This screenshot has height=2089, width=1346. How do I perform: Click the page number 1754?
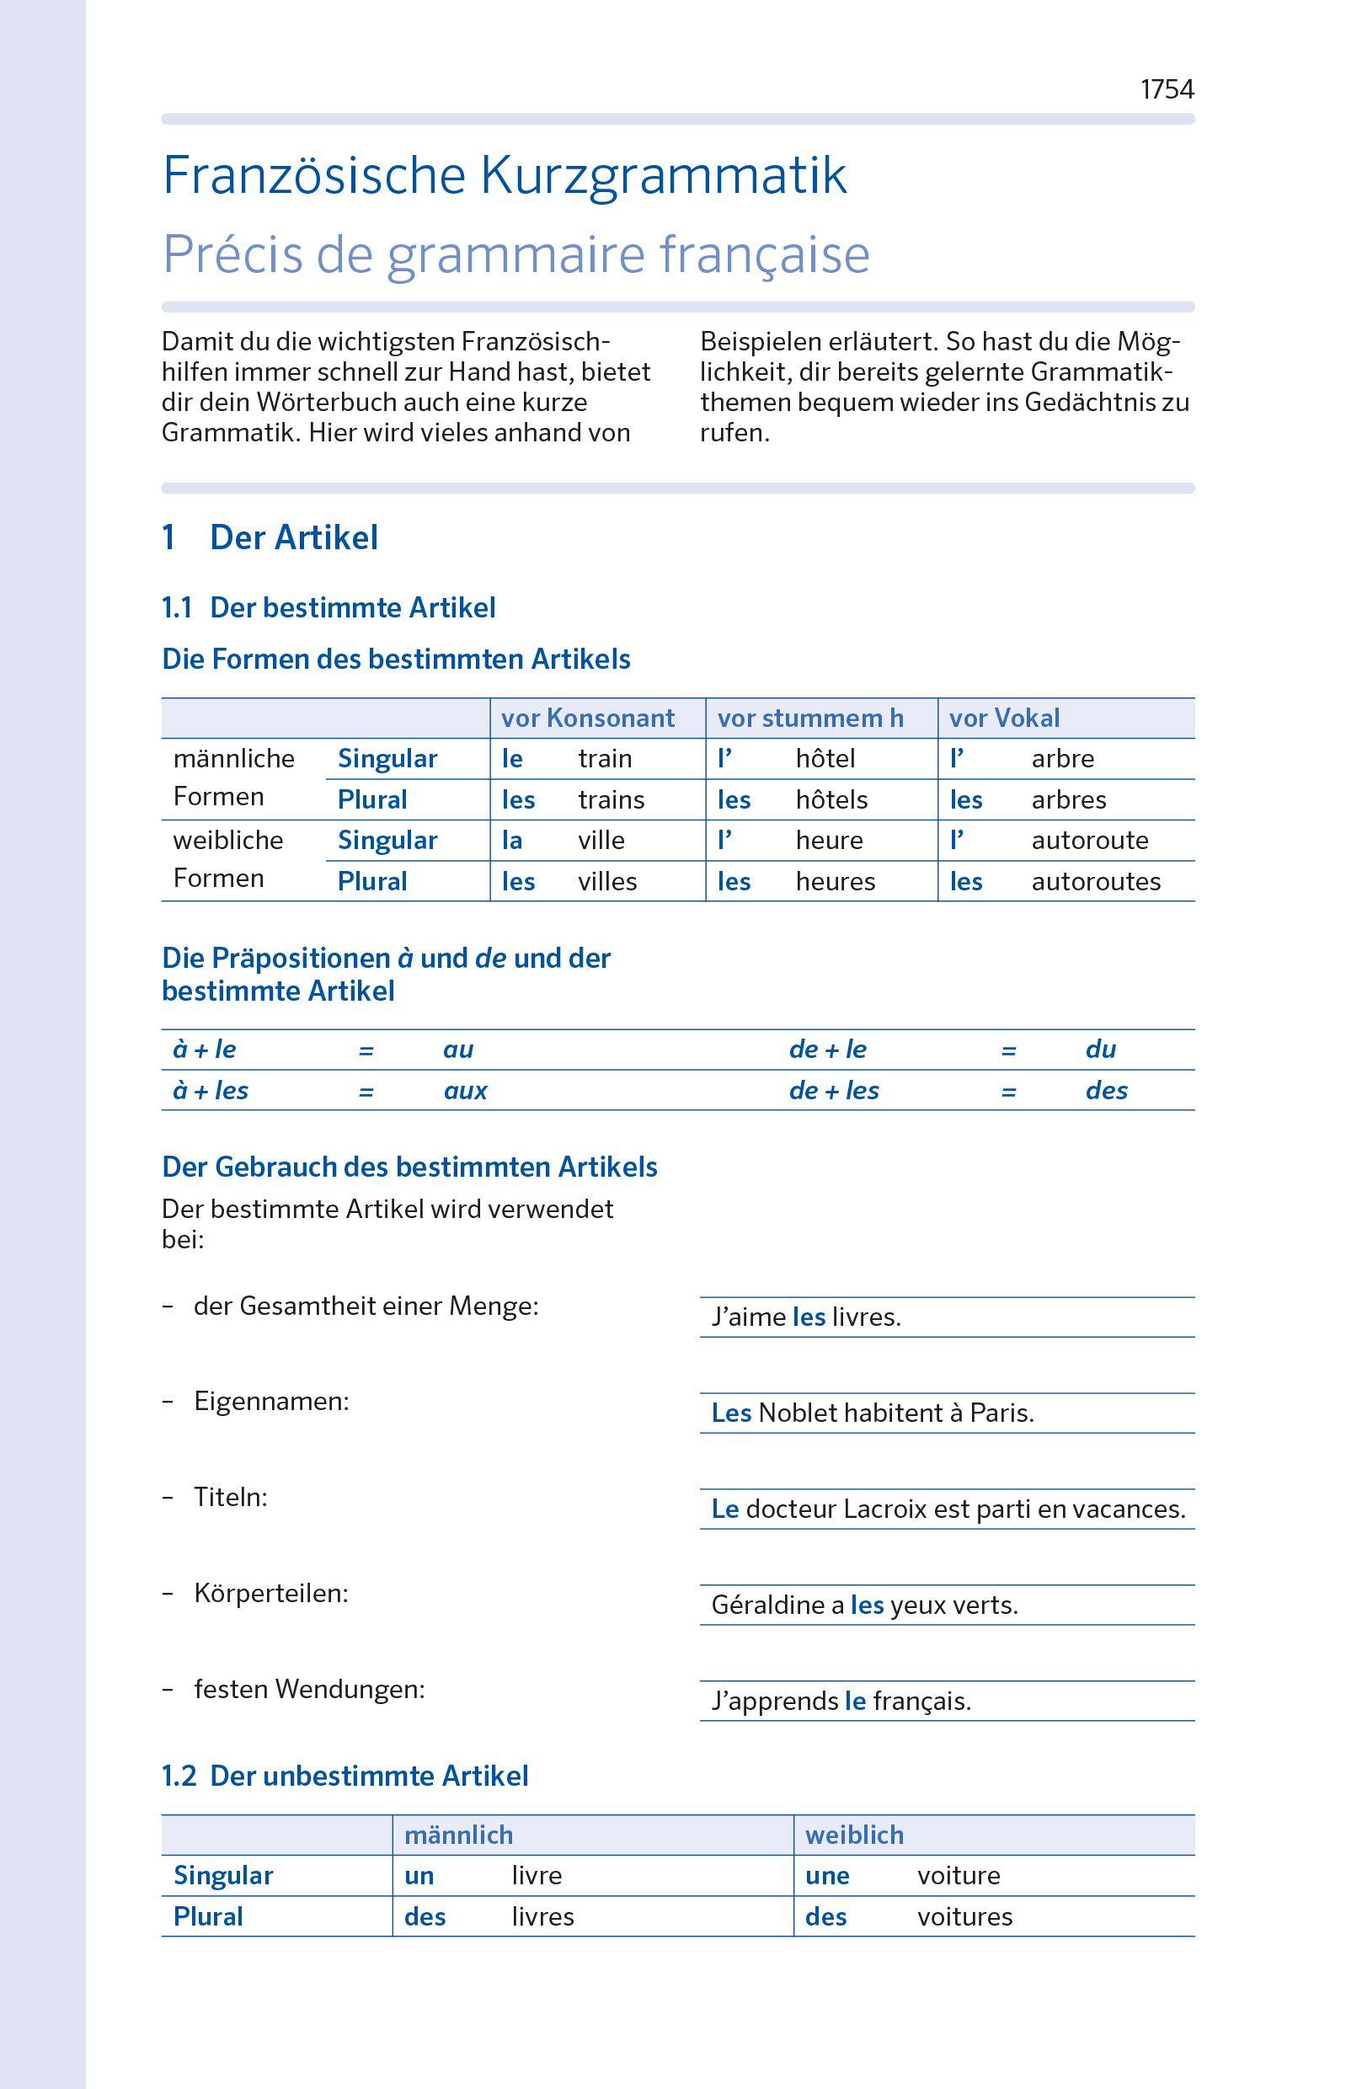pyautogui.click(x=1166, y=89)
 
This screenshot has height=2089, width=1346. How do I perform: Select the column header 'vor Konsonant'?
pyautogui.click(x=587, y=719)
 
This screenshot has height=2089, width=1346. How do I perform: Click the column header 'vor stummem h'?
pyautogui.click(x=810, y=719)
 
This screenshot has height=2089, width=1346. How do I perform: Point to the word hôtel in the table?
pyautogui.click(x=825, y=759)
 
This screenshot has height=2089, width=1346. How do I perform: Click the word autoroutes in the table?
pyautogui.click(x=1095, y=881)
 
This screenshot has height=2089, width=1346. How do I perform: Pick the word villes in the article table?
pyautogui.click(x=606, y=881)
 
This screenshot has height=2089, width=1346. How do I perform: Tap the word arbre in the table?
pyautogui.click(x=1062, y=759)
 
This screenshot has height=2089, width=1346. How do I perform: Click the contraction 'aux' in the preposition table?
pyautogui.click(x=465, y=1091)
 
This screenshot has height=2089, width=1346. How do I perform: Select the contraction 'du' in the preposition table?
pyautogui.click(x=1100, y=1050)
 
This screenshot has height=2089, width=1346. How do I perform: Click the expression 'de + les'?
pyautogui.click(x=833, y=1091)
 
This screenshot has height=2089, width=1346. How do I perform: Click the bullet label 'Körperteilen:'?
pyautogui.click(x=270, y=1594)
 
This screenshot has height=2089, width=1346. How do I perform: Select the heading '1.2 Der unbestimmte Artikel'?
pyautogui.click(x=345, y=1776)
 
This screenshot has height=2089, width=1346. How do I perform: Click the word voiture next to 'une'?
pyautogui.click(x=958, y=1876)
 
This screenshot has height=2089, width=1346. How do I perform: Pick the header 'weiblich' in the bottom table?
pyautogui.click(x=854, y=1835)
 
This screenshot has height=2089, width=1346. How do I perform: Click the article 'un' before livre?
pyautogui.click(x=419, y=1876)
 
